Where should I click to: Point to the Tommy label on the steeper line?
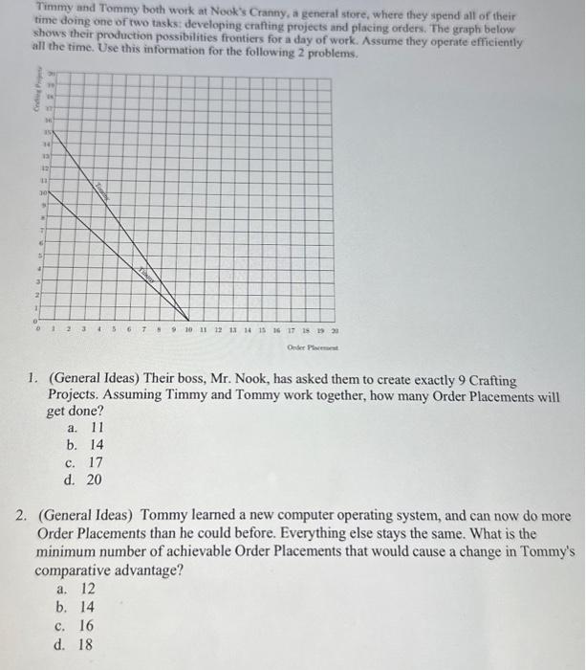pos(102,190)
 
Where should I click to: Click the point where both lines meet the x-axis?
pos(188,321)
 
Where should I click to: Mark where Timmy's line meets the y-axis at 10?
pos(49,190)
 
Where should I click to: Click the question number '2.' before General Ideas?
pos(23,516)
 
